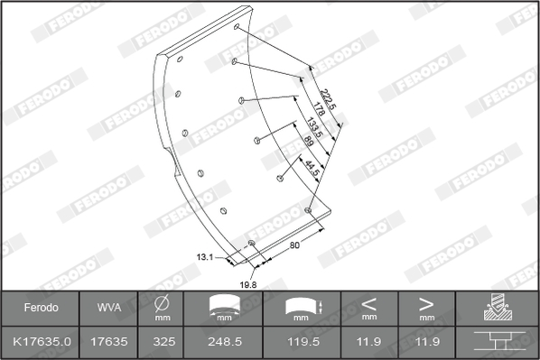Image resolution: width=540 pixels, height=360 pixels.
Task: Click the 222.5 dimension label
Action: tap(327, 99)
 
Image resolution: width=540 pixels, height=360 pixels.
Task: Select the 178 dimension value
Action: tap(319, 108)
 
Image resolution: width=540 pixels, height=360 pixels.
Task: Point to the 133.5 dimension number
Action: tap(314, 128)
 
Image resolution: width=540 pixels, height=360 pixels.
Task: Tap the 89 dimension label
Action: tap(309, 141)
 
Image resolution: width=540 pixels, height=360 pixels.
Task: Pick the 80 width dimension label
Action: tap(294, 245)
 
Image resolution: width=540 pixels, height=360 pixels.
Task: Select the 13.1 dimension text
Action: tap(205, 257)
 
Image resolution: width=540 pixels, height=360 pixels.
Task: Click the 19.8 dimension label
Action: tap(248, 284)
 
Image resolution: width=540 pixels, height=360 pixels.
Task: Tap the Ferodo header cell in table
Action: tap(41, 308)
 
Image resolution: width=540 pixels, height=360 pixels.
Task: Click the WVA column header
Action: tap(109, 308)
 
